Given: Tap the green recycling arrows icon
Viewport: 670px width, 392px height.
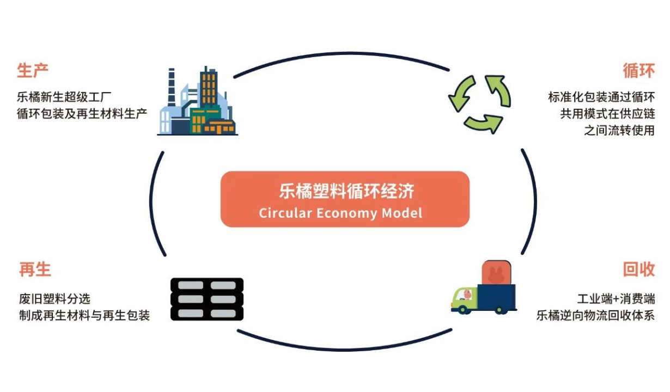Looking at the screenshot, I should [x=479, y=103].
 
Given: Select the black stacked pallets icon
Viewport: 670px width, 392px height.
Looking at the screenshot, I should [x=207, y=299].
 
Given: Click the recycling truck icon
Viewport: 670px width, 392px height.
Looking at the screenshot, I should [x=484, y=289].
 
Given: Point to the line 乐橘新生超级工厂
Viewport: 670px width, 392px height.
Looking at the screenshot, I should [x=64, y=98].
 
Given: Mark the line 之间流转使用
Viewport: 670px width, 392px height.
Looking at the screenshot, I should [x=619, y=131].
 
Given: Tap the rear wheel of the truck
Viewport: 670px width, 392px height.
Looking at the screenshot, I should [x=499, y=309].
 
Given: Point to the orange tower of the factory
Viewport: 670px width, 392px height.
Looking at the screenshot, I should [x=208, y=87].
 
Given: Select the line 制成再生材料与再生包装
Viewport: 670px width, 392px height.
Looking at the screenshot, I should [x=84, y=315].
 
